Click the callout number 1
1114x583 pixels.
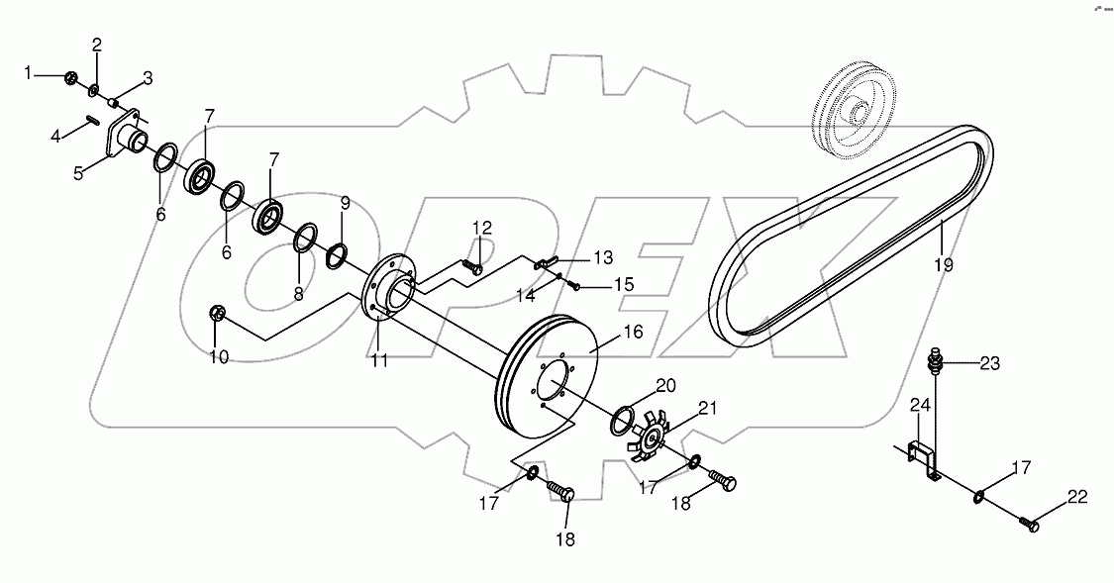point(29,72)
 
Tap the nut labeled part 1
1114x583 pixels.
point(70,77)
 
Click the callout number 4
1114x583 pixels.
point(55,136)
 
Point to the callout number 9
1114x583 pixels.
point(345,204)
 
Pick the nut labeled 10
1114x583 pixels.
point(219,314)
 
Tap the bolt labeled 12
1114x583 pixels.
point(472,266)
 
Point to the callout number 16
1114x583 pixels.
point(633,331)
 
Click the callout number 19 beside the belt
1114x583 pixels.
point(943,264)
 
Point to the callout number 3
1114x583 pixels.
point(148,77)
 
